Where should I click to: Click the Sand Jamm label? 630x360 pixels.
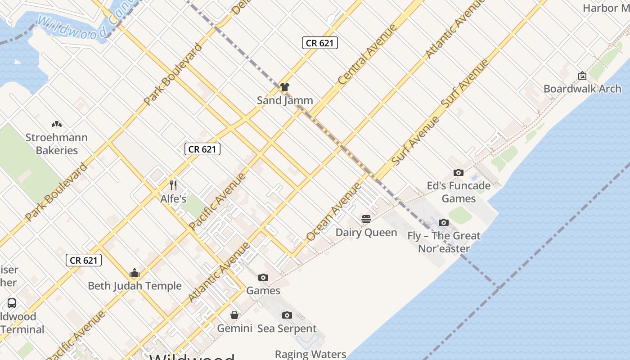click(x=285, y=100)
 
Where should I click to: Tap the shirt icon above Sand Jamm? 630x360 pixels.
click(x=284, y=87)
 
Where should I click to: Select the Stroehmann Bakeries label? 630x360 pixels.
click(x=57, y=144)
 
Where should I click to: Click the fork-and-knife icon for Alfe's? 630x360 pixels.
click(x=173, y=185)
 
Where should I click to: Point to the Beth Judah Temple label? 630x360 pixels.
click(x=135, y=286)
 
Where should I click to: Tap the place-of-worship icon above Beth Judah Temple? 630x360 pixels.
click(x=135, y=273)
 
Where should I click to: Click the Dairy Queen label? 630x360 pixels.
click(x=366, y=233)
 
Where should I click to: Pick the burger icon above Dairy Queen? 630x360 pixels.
click(x=366, y=219)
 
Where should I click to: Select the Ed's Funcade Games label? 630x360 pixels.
click(x=459, y=192)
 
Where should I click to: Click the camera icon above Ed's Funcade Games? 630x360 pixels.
click(x=459, y=173)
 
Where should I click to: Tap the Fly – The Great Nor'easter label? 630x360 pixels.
click(x=444, y=242)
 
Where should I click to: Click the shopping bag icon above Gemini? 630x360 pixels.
click(x=234, y=315)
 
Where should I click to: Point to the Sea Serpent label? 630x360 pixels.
click(x=287, y=328)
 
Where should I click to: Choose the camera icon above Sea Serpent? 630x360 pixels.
click(x=287, y=315)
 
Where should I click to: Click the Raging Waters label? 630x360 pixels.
click(x=310, y=354)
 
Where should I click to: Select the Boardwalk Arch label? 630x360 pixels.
click(x=582, y=89)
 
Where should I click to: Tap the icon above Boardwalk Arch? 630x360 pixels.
click(x=582, y=76)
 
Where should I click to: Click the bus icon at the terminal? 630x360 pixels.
click(x=12, y=303)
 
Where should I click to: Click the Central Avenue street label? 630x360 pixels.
click(x=367, y=54)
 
